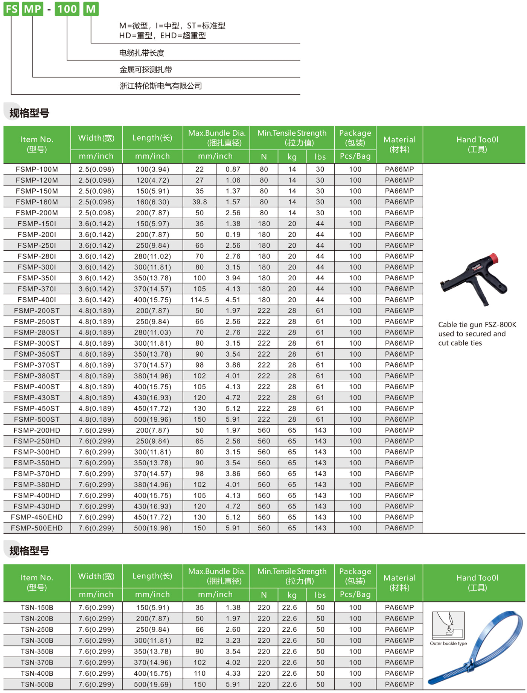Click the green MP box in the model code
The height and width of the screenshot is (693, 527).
[x=33, y=9]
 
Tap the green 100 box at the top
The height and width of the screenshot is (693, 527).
[x=67, y=9]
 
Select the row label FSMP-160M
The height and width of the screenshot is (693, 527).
[x=37, y=202]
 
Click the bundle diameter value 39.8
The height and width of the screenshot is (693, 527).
[x=200, y=202]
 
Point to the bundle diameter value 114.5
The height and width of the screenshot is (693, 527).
[x=200, y=300]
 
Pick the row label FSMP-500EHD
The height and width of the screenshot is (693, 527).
[x=37, y=528]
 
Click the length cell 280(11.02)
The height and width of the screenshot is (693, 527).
[x=152, y=256]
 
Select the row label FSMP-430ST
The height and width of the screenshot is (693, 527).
[x=37, y=398]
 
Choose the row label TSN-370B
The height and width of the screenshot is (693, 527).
[x=37, y=663]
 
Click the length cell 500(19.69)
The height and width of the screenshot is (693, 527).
[x=152, y=684]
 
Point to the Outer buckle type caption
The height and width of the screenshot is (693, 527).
[x=448, y=644]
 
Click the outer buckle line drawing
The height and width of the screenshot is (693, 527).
[x=448, y=625]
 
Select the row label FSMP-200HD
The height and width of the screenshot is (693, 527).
[x=37, y=430]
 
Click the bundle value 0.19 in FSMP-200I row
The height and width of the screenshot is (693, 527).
[x=233, y=235]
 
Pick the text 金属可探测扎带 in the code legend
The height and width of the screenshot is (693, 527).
[x=146, y=70]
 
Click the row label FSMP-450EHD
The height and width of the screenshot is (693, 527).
[x=37, y=517]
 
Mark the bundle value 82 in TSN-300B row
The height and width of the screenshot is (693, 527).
[x=200, y=641]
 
